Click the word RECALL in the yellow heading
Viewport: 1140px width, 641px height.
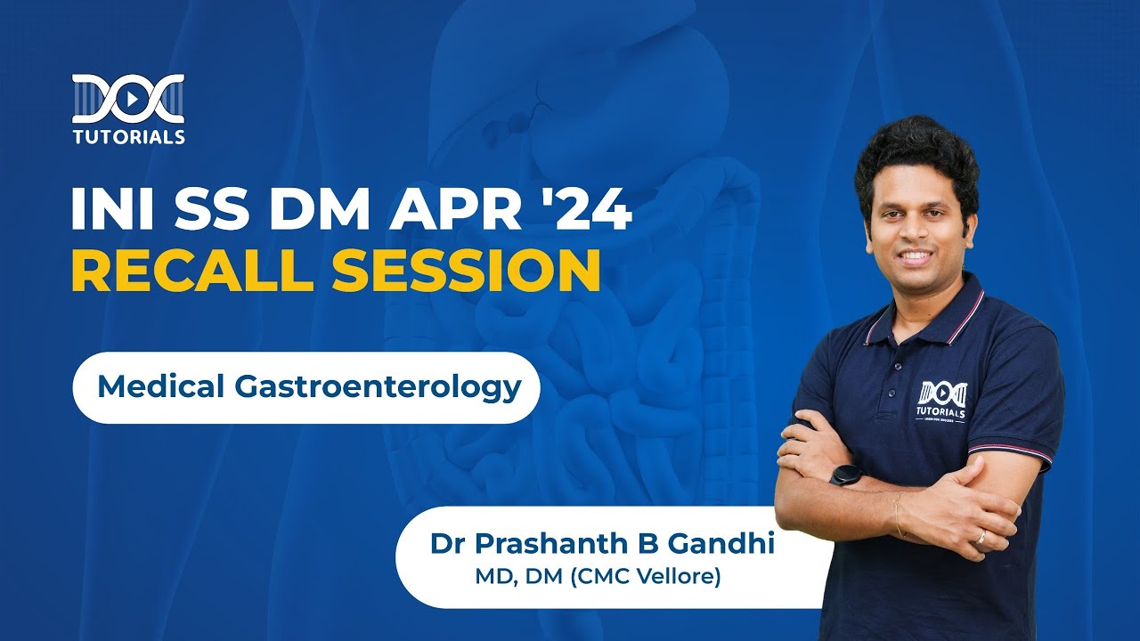click(x=194, y=272)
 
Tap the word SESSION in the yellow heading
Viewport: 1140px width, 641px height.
click(x=466, y=272)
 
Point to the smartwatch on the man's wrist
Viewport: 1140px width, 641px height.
click(x=845, y=474)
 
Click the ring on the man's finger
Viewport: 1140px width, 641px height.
click(x=980, y=537)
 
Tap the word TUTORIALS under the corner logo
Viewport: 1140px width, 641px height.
click(x=128, y=137)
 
